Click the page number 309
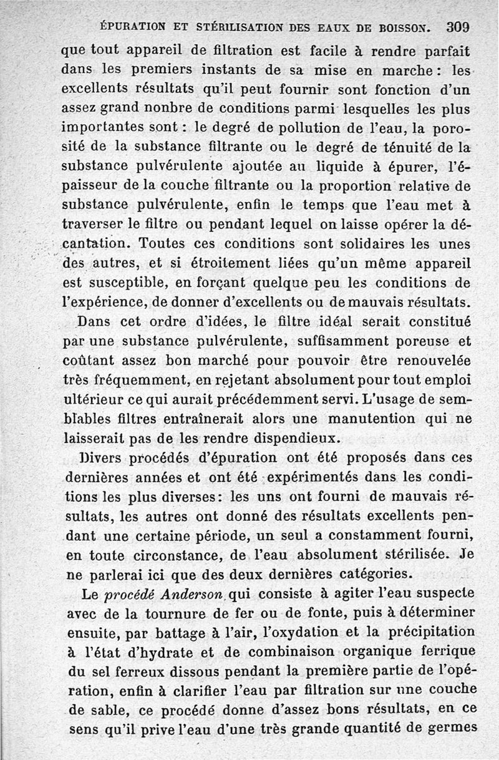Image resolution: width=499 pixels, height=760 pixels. pyautogui.click(x=457, y=27)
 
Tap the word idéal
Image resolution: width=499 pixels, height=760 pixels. pyautogui.click(x=337, y=324)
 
